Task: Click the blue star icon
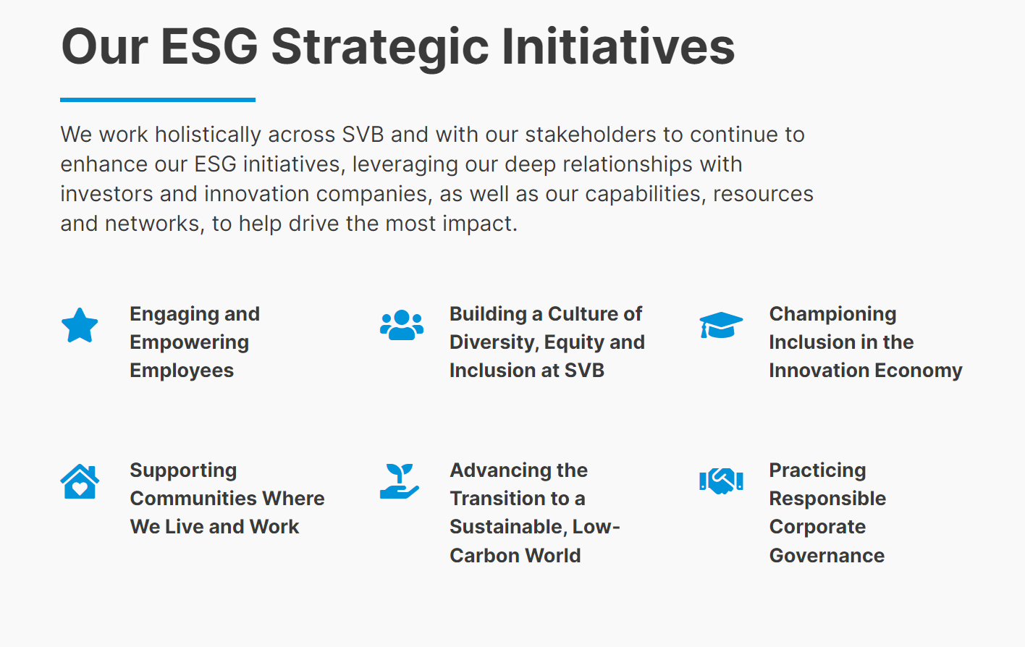click(x=80, y=326)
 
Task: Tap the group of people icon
click(x=402, y=325)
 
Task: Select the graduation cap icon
click(x=721, y=325)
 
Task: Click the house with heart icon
click(x=80, y=481)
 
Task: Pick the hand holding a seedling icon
click(x=400, y=481)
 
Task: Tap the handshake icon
click(x=721, y=481)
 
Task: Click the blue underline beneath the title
click(x=158, y=100)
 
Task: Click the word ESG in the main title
click(x=209, y=46)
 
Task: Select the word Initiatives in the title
click(x=619, y=46)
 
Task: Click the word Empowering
click(x=190, y=343)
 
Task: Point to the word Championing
click(x=832, y=314)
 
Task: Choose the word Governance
click(x=827, y=556)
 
